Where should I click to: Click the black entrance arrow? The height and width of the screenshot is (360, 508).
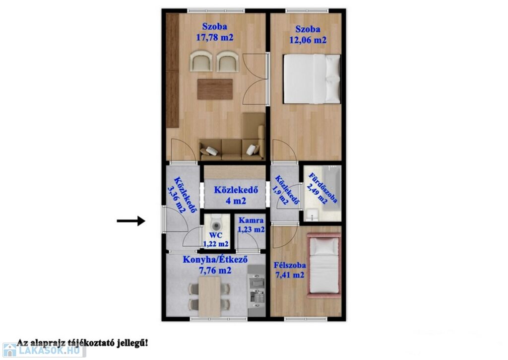(x=131, y=221)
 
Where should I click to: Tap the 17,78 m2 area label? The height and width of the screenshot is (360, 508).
(x=214, y=38)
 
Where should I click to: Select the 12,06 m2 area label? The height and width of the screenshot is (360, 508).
(x=308, y=40)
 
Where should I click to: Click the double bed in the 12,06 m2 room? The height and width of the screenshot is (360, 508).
(x=312, y=79)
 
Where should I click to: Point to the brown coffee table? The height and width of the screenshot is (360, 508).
(x=215, y=89)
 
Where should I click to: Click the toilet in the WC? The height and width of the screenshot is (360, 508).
(x=215, y=223)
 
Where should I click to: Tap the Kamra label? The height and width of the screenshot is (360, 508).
(x=251, y=220)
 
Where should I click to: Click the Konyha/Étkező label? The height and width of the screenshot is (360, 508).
(x=215, y=260)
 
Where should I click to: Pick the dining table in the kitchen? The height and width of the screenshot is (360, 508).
(x=210, y=296)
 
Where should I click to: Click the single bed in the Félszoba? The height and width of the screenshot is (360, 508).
(x=323, y=265)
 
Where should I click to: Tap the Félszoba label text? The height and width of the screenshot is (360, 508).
(x=290, y=265)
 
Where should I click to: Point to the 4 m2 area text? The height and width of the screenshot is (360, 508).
(x=236, y=201)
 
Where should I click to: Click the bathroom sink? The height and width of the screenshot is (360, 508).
(x=312, y=215)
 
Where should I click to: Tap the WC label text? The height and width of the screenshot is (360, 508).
(x=216, y=235)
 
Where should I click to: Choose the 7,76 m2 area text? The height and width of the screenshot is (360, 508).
(x=215, y=270)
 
